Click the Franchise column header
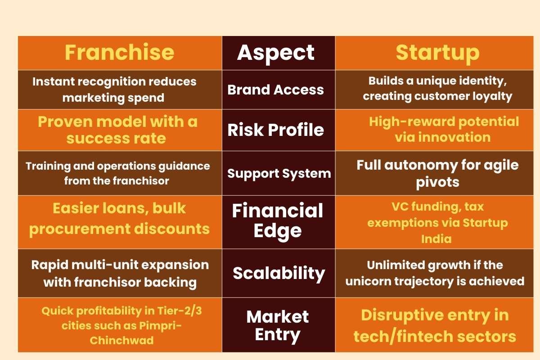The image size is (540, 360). point(119,53)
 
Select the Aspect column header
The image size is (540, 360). point(276,53)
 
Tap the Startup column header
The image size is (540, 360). point(437,53)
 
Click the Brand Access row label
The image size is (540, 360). point(275,90)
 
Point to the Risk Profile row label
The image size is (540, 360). point(275,130)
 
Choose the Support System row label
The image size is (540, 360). point(279,173)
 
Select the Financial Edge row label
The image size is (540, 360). point(277,220)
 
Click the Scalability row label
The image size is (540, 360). point(279,273)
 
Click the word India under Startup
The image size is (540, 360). point(436,238)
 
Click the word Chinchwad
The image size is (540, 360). point(121,340)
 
